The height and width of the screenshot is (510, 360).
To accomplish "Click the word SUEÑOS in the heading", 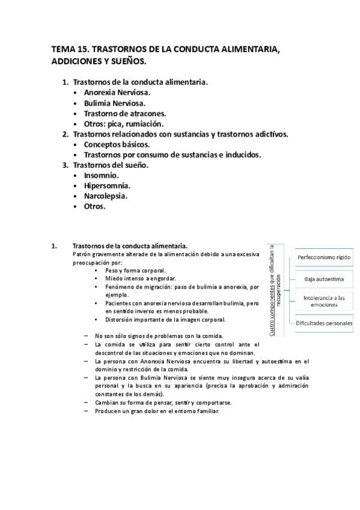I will [127, 61].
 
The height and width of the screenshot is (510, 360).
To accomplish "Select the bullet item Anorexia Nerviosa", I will [118, 93].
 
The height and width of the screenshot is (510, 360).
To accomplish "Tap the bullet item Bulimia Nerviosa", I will [115, 103].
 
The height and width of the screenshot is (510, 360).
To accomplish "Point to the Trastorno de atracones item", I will [125, 114].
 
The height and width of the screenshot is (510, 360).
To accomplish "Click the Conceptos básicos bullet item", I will [117, 144].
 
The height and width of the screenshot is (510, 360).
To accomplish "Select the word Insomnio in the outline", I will [102, 175].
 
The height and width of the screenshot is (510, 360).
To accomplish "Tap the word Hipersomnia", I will [108, 185].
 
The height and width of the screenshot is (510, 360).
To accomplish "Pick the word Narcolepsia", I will [106, 195].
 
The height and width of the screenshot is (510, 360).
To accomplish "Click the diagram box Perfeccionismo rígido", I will [324, 258].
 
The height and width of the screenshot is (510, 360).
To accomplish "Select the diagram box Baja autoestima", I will [324, 279].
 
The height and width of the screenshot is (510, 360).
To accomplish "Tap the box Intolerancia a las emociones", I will [324, 301].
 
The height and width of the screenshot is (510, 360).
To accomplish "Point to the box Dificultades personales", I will [324, 323].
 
